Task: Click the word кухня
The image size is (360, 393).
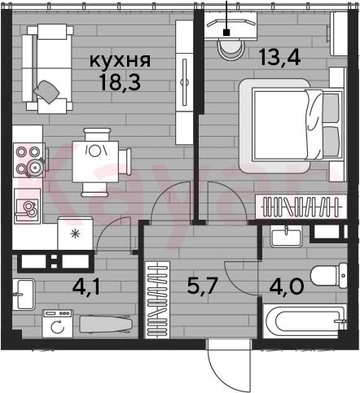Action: [120, 61]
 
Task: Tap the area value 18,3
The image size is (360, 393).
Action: [120, 82]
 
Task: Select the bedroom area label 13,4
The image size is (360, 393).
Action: [279, 58]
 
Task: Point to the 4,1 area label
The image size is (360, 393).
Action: [86, 287]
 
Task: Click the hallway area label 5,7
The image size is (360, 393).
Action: [203, 286]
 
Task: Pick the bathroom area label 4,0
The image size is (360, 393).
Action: [287, 286]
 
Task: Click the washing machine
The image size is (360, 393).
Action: [58, 324]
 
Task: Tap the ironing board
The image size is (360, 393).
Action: [106, 324]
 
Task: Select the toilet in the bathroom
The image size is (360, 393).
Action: [329, 276]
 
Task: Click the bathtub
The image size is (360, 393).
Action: [305, 321]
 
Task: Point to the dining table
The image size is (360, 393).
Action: [95, 161]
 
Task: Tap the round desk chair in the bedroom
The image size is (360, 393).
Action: [230, 49]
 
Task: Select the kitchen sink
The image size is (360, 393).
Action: [28, 207]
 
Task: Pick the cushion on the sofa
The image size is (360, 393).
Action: [46, 91]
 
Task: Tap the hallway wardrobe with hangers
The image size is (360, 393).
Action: [157, 300]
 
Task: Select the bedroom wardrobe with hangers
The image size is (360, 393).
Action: [301, 207]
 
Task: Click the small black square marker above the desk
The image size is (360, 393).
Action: [226, 33]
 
